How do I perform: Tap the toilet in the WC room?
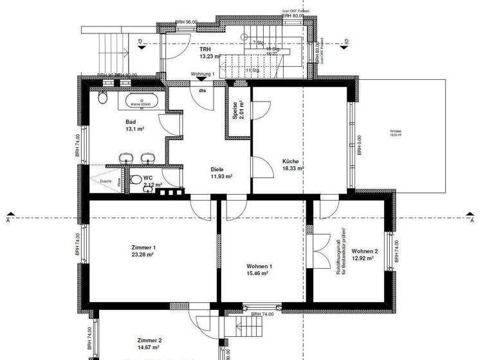pos(136,179)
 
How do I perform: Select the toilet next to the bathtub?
pos(102,98)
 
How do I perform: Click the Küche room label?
pos(291,162)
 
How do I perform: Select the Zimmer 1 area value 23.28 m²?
pos(142,255)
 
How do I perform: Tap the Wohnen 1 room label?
pos(259,266)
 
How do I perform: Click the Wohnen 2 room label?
pos(364,251)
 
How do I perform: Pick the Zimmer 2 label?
pos(149,340)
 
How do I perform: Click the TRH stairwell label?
pos(205,49)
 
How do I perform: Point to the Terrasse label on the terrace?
pos(394,132)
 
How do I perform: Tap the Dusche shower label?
pos(105,181)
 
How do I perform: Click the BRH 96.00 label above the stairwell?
pos(187,22)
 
